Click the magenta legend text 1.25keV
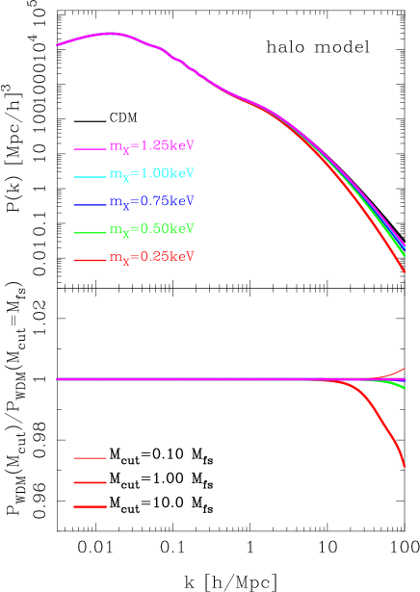pyautogui.click(x=152, y=146)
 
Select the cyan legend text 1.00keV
pyautogui.click(x=152, y=174)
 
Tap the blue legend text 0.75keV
pyautogui.click(x=152, y=201)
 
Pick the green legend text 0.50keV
pyautogui.click(x=152, y=229)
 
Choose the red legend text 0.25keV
pyautogui.click(x=152, y=258)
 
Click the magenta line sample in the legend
pyautogui.click(x=90, y=149)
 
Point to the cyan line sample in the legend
pyautogui.click(x=90, y=177)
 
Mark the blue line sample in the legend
pyautogui.click(x=90, y=205)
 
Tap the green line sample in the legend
pyautogui.click(x=90, y=233)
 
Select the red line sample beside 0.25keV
pyautogui.click(x=90, y=261)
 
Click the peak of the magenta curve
pyautogui.click(x=112, y=33)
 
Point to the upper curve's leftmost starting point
pyautogui.click(x=58, y=44)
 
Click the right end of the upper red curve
pyautogui.click(x=405, y=272)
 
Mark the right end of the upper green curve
pyautogui.click(x=405, y=255)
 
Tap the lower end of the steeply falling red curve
pyautogui.click(x=405, y=467)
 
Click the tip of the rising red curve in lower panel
pyautogui.click(x=405, y=369)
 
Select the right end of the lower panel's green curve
pyautogui.click(x=405, y=388)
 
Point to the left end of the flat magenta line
pyautogui.click(x=58, y=379)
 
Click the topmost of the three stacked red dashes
pyautogui.click(x=90, y=458)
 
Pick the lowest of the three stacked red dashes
pyautogui.click(x=90, y=506)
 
